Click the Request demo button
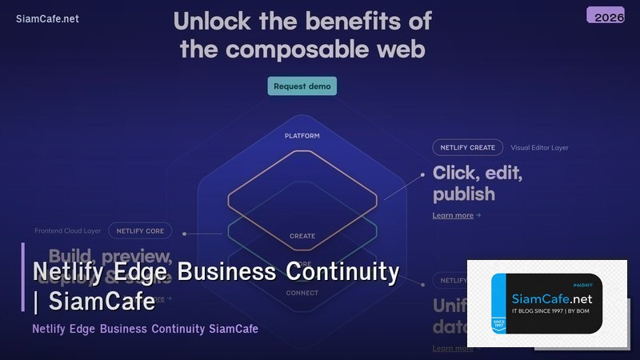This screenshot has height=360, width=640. [302, 86]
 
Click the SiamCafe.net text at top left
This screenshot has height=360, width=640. [47, 19]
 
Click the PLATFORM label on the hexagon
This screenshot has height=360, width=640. [302, 136]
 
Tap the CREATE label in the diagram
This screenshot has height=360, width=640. [302, 236]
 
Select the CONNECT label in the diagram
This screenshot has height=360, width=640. [302, 293]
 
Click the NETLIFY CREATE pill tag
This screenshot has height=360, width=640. [467, 147]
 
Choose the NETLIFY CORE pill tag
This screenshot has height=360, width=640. [140, 231]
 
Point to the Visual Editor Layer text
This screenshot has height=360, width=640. [539, 147]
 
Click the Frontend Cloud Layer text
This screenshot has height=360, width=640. [67, 231]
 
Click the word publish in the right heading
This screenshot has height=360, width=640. [463, 194]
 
